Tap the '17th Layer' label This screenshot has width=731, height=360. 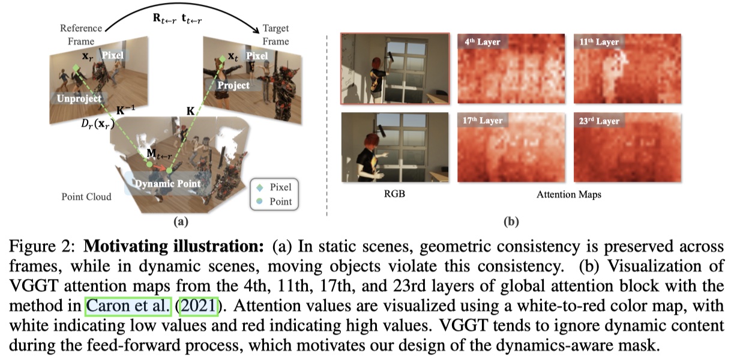pos(484,121)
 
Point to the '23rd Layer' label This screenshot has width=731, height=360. pos(600,121)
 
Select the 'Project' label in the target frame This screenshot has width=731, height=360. pos(233,85)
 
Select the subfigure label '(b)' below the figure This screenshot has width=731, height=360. pos(511,221)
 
